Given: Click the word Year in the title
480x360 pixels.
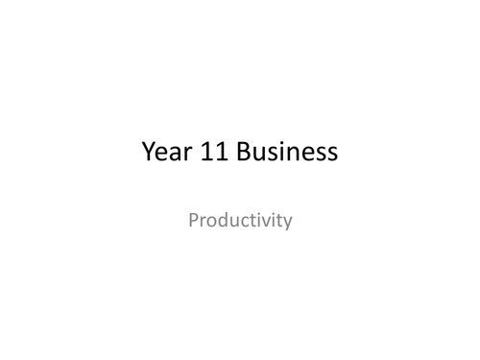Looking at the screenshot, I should (x=164, y=152).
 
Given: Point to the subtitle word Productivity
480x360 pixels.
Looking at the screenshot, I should (x=240, y=222).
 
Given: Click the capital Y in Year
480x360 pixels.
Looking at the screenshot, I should (x=148, y=152).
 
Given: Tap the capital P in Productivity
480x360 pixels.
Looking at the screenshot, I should (x=194, y=221).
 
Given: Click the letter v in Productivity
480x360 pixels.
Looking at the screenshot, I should (x=266, y=223).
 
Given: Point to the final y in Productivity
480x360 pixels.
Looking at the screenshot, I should (x=287, y=225).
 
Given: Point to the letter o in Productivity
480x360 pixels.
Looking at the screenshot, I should (x=212, y=223).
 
